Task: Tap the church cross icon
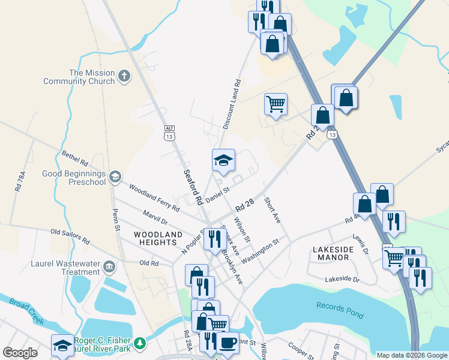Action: tap(124, 76)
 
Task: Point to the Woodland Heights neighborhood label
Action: tap(158, 238)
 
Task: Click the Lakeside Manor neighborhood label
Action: tap(331, 253)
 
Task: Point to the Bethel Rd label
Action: tap(75, 158)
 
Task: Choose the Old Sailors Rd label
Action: tap(70, 236)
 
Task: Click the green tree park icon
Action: tap(140, 343)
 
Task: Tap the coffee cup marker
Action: tap(227, 342)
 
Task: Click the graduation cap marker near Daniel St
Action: tap(223, 160)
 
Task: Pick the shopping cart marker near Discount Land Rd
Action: tap(276, 104)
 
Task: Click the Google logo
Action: tap(20, 353)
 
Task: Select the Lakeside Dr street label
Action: tap(342, 280)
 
